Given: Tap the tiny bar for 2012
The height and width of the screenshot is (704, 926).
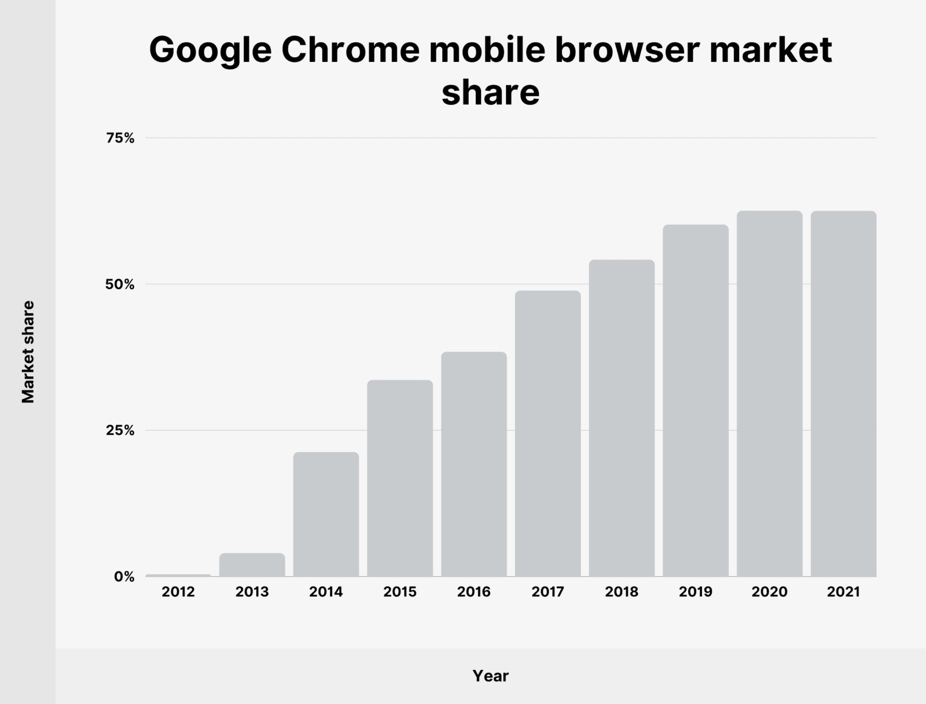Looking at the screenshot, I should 178,575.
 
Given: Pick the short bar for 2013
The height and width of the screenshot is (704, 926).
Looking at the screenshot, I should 252,565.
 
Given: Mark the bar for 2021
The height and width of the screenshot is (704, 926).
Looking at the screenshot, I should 843,394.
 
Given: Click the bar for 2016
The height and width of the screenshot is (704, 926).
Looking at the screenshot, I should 473,464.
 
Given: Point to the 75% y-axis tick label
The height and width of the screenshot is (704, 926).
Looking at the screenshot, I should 120,138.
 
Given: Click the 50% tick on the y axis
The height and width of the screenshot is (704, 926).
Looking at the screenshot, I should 120,285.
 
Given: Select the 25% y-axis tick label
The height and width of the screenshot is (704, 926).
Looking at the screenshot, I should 120,431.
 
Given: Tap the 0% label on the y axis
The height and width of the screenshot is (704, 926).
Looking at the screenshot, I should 124,577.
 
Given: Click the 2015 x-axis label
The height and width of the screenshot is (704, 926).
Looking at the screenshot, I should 400,592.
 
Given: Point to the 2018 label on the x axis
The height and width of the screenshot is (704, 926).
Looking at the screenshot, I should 622,592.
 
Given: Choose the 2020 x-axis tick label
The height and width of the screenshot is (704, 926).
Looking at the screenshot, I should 769,592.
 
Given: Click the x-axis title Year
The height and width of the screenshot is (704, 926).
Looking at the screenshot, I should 490,676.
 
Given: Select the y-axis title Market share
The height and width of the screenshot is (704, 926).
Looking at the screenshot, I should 28,351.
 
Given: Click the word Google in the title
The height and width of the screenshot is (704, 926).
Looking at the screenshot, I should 210,51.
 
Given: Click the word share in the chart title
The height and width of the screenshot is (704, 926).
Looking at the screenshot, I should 490,93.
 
